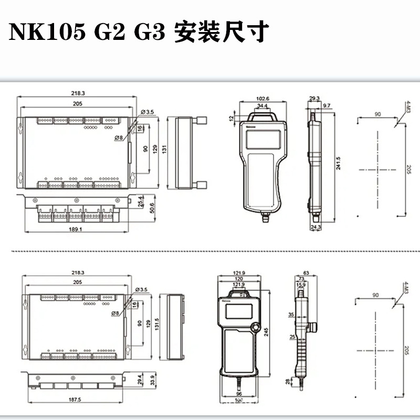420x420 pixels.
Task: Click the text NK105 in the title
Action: pyautogui.click(x=47, y=32)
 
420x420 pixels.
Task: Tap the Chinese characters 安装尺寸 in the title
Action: pyautogui.click(x=220, y=32)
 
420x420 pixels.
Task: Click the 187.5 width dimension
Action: pyautogui.click(x=75, y=400)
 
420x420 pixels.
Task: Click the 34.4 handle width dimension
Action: pyautogui.click(x=262, y=106)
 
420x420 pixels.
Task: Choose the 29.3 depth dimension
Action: pyautogui.click(x=314, y=99)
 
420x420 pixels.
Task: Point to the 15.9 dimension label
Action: pyautogui.click(x=301, y=285)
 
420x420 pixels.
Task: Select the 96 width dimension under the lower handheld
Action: pyautogui.click(x=239, y=394)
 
